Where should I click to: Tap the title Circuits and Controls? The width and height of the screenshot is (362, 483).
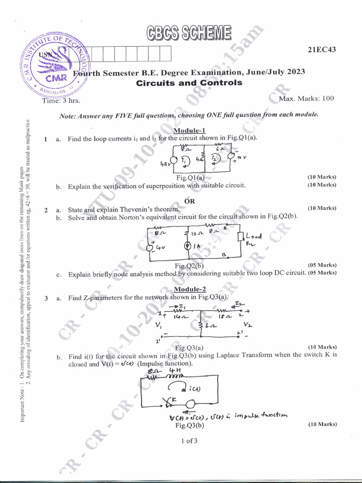click(x=189, y=83)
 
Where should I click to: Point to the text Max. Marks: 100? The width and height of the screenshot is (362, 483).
click(x=306, y=99)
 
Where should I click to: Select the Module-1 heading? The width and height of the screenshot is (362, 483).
click(x=189, y=131)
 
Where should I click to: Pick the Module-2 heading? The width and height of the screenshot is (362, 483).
click(x=189, y=289)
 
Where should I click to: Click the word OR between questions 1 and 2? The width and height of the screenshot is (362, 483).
click(x=189, y=201)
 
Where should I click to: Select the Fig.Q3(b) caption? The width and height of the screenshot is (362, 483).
click(x=189, y=425)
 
